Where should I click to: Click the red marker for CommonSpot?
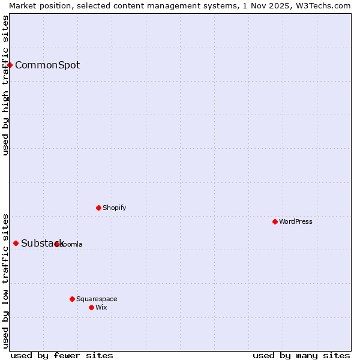pos(10,65)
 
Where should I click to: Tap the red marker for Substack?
pos(16,243)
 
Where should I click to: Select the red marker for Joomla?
pos(57,244)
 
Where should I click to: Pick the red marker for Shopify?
pos(98,208)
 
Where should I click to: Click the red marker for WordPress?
pos(275,221)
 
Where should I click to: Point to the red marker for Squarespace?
pos(72,299)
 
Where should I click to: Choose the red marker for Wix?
pos(91,307)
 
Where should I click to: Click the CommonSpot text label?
pos(47,65)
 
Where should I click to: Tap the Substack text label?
pos(42,243)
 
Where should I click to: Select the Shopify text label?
pos(114,208)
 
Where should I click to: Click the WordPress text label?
pos(296,221)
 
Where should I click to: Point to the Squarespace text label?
pos(97,299)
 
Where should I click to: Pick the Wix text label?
pos(101,307)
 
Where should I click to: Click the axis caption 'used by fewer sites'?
pos(62,355)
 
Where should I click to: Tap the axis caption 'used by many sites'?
pos(301,355)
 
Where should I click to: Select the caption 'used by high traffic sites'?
pos(5,85)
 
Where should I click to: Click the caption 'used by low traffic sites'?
pos(5,280)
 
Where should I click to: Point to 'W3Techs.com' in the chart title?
pos(325,5)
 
